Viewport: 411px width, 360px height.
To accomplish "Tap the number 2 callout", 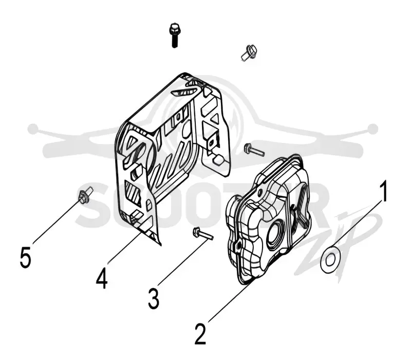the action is [201, 334].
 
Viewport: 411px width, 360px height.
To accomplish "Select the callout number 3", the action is [154, 298].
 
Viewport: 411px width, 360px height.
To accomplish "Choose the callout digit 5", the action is [25, 257].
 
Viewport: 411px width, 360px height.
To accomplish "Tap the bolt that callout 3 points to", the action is [202, 233].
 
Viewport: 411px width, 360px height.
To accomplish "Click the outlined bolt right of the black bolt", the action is [249, 52].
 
